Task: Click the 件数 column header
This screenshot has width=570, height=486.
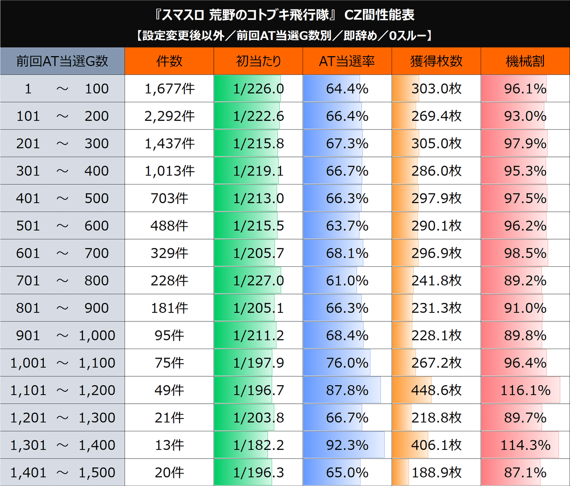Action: (x=169, y=61)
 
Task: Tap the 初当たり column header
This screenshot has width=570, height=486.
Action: (x=258, y=61)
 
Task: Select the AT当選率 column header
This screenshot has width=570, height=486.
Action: (x=347, y=61)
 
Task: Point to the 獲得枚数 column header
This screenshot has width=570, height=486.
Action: (x=436, y=61)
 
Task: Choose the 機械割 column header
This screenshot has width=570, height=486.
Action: (x=525, y=61)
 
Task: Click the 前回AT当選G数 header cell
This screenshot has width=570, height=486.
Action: (x=62, y=61)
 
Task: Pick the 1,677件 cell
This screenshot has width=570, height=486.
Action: (x=170, y=88)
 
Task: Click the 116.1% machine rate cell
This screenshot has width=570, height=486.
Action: (x=525, y=390)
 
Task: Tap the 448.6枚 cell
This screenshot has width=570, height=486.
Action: (x=436, y=390)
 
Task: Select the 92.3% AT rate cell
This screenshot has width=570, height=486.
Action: (x=347, y=445)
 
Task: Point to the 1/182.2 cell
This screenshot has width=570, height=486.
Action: (x=258, y=445)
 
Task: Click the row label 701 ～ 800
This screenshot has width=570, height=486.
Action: (x=62, y=281)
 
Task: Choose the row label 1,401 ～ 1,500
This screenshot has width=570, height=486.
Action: (x=62, y=473)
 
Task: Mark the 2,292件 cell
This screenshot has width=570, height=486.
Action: (x=170, y=116)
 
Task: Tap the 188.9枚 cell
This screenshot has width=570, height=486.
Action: (x=436, y=473)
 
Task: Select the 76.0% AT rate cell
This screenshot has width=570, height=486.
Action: (x=347, y=363)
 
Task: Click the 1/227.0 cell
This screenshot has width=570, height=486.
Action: (x=258, y=281)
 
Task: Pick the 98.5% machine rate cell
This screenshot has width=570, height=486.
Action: (x=525, y=253)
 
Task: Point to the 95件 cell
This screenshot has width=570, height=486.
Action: (x=170, y=335)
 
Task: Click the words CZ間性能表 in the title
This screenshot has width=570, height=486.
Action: (x=379, y=15)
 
